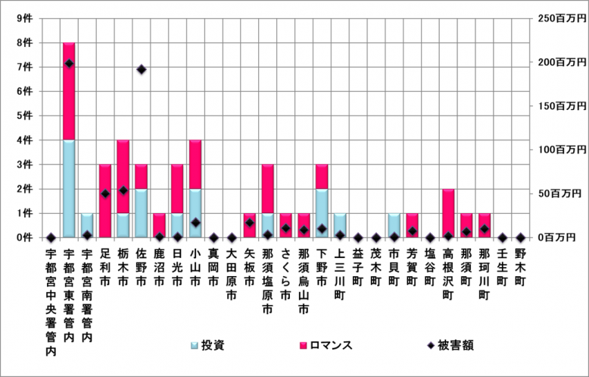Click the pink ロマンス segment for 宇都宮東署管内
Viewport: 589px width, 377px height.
[x=69, y=91]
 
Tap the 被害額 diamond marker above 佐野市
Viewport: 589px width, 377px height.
[x=142, y=70]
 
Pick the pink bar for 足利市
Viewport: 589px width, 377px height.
[x=105, y=200]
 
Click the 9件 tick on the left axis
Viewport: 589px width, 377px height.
[x=24, y=18]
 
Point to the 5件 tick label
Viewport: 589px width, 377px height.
[x=24, y=115]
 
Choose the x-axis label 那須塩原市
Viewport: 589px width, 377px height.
[x=268, y=278]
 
